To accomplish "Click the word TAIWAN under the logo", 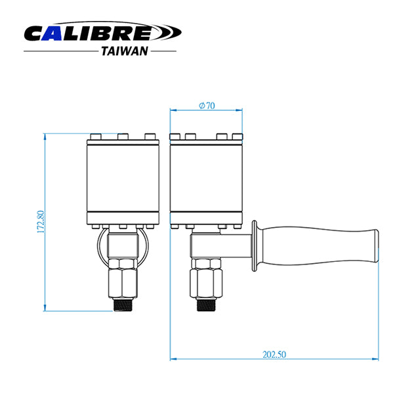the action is [x=125, y=51].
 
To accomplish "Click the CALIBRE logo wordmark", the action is [x=102, y=31].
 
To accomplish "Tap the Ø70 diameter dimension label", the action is [x=207, y=106].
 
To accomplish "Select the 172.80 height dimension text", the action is [x=41, y=222].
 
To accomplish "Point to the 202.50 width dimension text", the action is [x=274, y=354].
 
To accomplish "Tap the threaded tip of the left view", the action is [x=123, y=305].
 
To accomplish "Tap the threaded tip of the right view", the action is [x=206, y=305].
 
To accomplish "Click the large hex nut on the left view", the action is [x=123, y=283].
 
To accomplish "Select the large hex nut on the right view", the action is [x=206, y=283].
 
